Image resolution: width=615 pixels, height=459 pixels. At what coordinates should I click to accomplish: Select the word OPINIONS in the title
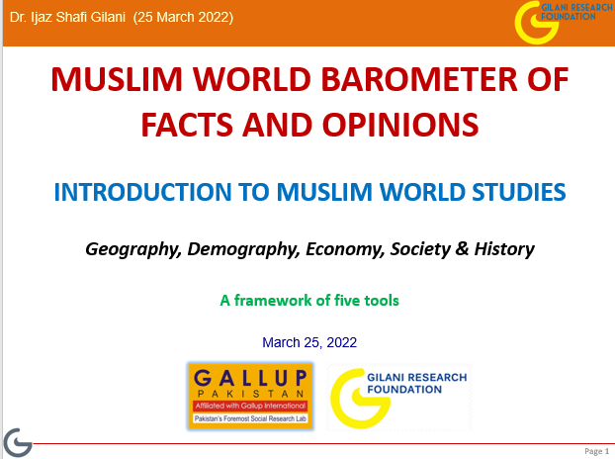[400, 125]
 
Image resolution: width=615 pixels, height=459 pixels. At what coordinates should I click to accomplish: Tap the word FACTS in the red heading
[187, 125]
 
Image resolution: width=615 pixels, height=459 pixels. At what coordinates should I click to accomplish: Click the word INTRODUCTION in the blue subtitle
[142, 192]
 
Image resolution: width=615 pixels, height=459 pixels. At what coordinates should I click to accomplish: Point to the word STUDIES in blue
[519, 192]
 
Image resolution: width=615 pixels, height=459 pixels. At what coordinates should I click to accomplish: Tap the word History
[504, 249]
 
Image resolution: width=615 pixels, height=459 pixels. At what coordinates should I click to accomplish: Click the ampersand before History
[463, 248]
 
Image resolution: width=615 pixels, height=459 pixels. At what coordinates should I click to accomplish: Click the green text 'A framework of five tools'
[309, 301]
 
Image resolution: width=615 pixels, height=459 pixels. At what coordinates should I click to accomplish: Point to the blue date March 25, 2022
[309, 342]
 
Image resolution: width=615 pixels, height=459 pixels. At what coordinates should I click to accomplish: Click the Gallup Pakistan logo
[250, 397]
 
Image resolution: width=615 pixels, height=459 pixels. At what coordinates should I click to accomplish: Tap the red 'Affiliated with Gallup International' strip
[250, 406]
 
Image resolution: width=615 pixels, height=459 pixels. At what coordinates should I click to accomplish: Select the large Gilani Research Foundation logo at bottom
[399, 397]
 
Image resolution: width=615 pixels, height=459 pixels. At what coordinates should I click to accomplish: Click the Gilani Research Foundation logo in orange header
[564, 22]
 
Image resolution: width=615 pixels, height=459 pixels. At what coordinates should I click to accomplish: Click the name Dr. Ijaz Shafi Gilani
[67, 17]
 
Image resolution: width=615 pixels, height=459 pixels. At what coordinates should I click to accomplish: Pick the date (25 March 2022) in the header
[183, 17]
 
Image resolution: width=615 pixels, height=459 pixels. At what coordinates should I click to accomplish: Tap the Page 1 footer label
[596, 451]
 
